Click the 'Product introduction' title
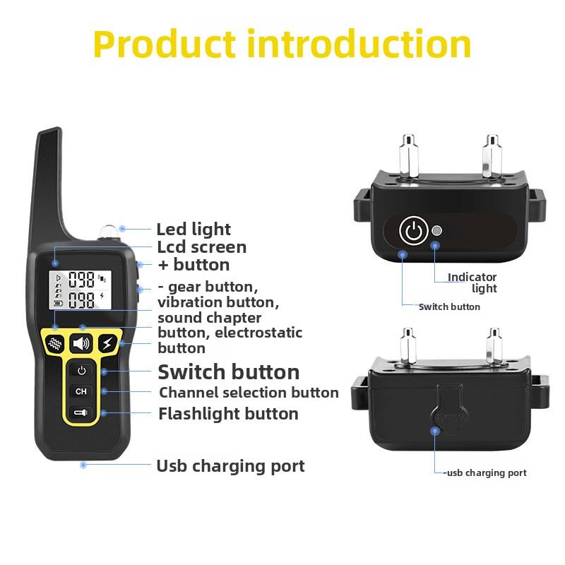click(282, 44)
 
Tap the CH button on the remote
click(82, 391)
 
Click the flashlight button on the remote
click(82, 412)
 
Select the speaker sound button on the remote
click(82, 344)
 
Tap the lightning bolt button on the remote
click(107, 344)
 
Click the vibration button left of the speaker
click(56, 344)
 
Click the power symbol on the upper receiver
click(414, 231)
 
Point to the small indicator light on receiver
click(437, 231)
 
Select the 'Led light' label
click(194, 230)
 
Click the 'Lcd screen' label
click(201, 247)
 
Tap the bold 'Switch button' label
click(228, 372)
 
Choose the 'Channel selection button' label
click(249, 393)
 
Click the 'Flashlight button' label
click(228, 414)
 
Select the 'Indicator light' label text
click(473, 282)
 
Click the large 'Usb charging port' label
click(230, 466)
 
